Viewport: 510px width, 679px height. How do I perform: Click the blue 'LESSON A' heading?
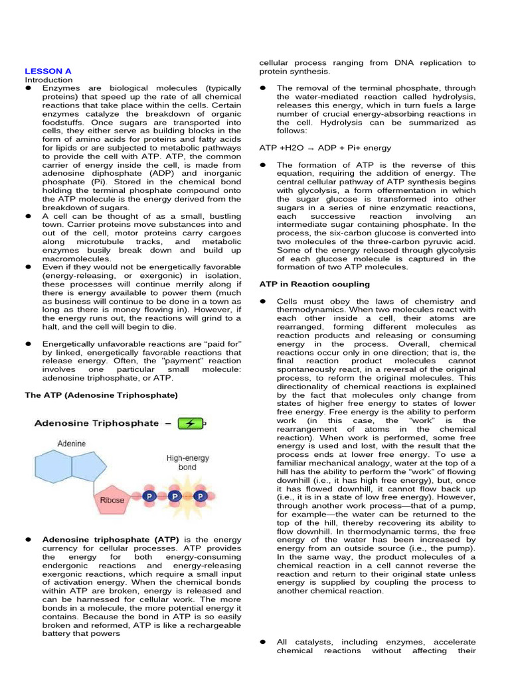point(48,70)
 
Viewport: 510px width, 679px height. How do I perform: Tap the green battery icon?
point(191,423)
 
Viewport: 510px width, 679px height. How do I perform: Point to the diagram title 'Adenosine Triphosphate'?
point(96,423)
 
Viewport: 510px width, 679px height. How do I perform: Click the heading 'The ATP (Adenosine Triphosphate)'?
point(102,395)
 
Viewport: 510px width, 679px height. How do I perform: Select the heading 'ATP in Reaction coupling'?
point(314,284)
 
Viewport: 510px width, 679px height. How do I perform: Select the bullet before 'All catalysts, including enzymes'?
point(262,642)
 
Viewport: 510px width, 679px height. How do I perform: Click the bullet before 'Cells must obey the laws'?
point(262,301)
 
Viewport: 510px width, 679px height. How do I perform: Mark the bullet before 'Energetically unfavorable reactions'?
point(29,343)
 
